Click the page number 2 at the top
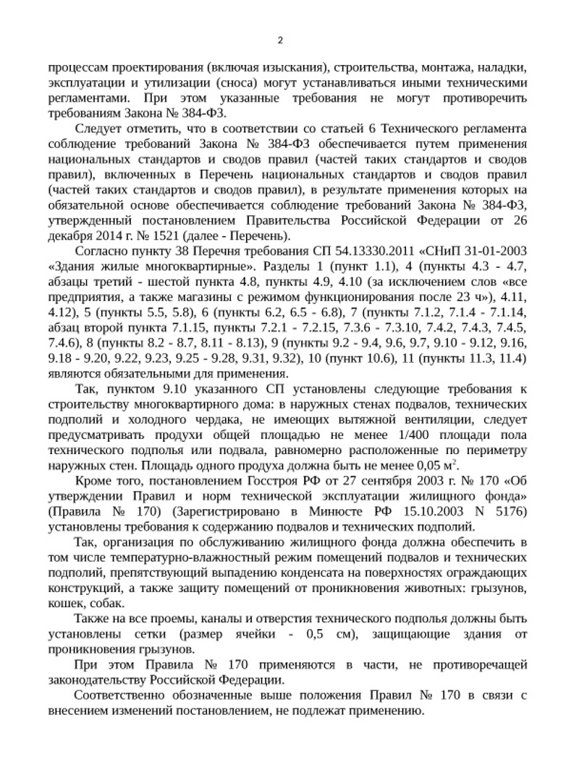[281, 40]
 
